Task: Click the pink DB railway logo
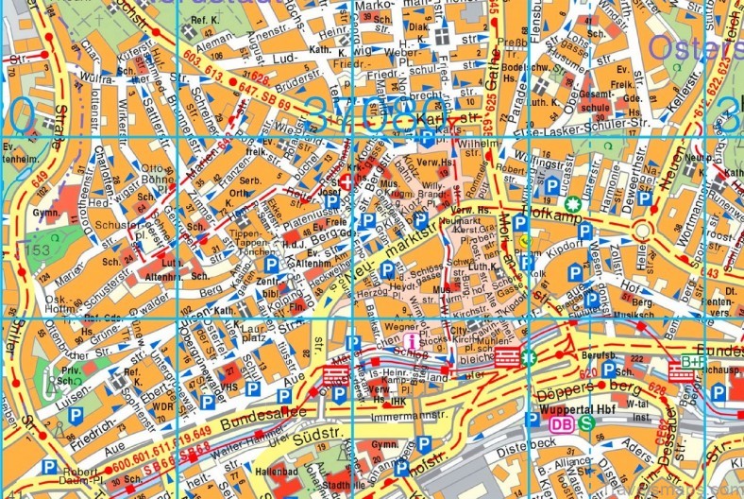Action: click(561, 423)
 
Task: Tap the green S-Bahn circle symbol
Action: click(586, 423)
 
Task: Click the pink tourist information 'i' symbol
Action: click(410, 340)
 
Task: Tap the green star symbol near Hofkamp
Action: click(571, 202)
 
